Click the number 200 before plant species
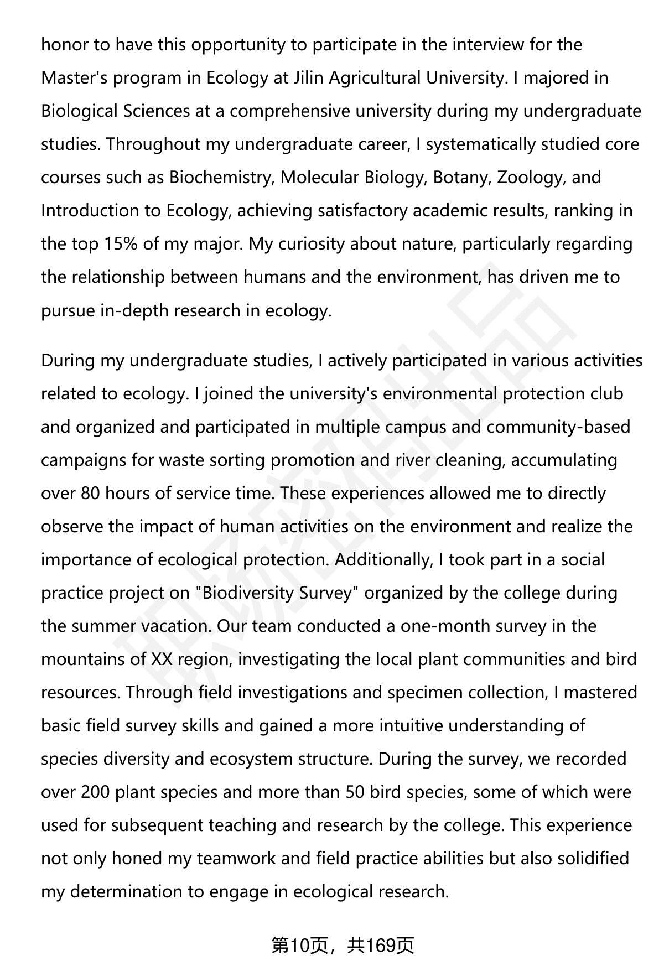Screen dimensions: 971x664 pos(96,791)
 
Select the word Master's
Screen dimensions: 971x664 pos(75,77)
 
